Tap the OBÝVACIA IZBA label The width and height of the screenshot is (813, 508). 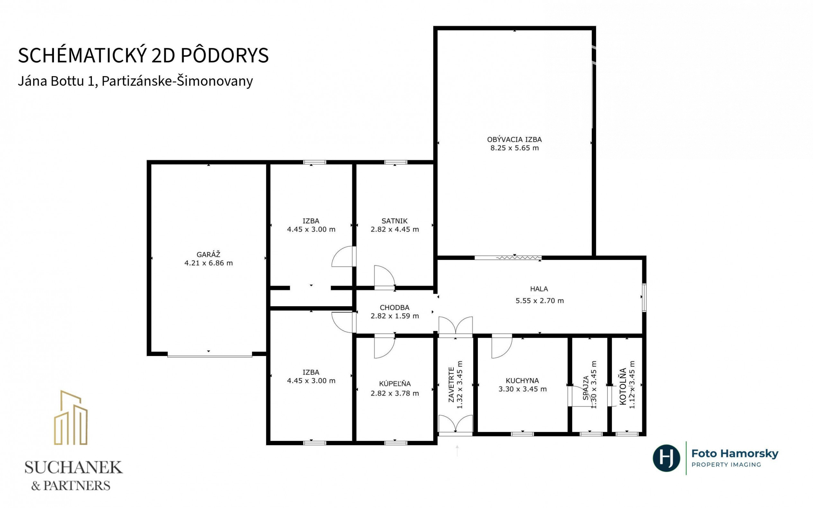[x=514, y=139]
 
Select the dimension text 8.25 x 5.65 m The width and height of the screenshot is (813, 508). [x=514, y=148]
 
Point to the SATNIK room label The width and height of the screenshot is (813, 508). [x=394, y=221]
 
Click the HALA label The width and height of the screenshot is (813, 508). [x=539, y=289]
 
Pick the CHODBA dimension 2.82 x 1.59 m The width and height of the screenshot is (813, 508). [x=395, y=316]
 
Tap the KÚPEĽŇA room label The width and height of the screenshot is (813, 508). [x=395, y=383]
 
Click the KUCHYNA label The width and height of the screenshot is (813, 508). [x=523, y=381]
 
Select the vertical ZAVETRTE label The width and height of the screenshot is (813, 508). [x=451, y=384]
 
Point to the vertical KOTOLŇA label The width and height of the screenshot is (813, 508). [x=623, y=386]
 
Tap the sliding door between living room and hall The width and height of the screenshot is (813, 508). [x=508, y=258]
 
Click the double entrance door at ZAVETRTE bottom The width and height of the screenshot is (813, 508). [x=456, y=425]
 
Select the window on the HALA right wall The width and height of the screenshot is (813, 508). [x=644, y=298]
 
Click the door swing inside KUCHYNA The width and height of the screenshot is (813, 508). [x=502, y=346]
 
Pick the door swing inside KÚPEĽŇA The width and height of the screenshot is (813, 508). [x=385, y=346]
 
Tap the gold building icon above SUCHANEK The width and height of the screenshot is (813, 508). [x=71, y=418]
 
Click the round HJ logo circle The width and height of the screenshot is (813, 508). [x=666, y=458]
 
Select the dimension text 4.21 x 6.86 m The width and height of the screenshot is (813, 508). [x=208, y=263]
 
